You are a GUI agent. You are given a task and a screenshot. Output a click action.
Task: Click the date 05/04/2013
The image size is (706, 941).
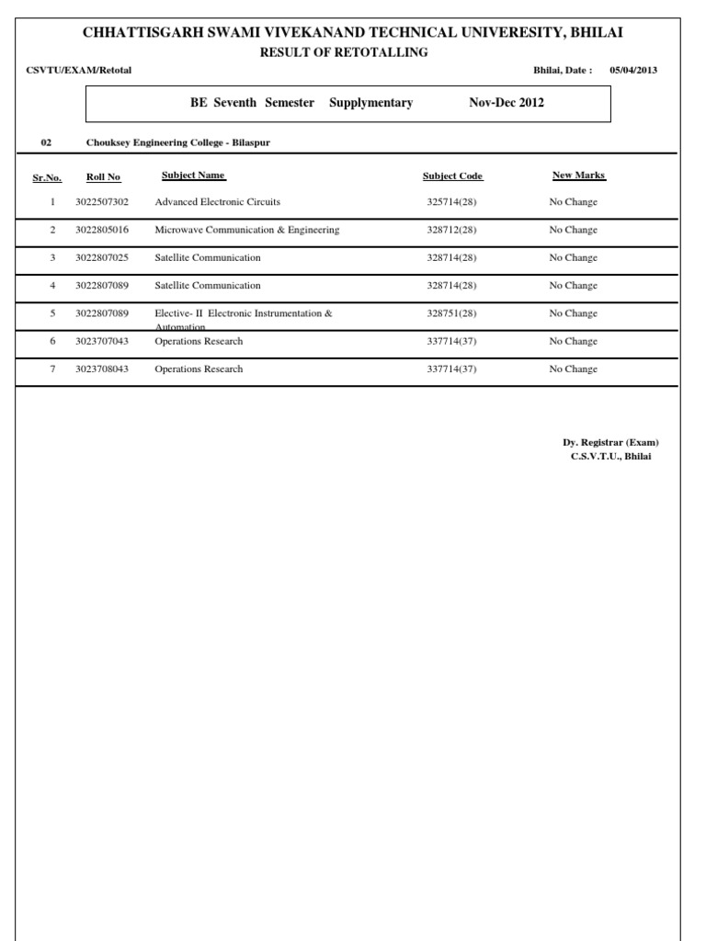[x=633, y=71]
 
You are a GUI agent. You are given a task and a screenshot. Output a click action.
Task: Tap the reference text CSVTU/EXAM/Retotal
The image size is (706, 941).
[x=79, y=71]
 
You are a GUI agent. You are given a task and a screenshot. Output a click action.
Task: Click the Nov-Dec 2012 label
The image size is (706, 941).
[x=506, y=103]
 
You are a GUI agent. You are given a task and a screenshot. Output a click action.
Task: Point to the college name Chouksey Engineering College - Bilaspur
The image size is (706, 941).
[x=178, y=142]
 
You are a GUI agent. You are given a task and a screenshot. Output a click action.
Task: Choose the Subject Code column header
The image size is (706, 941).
[x=452, y=176]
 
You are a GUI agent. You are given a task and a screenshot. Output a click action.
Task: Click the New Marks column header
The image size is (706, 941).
[x=579, y=175]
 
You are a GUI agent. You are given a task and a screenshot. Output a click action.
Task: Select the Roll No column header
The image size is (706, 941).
[x=103, y=176]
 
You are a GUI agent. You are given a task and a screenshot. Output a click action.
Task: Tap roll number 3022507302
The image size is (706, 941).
[x=102, y=202]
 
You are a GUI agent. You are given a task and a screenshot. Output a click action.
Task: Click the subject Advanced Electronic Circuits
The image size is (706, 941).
[x=218, y=202]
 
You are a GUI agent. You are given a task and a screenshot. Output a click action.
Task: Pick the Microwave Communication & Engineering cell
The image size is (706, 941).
[x=247, y=230]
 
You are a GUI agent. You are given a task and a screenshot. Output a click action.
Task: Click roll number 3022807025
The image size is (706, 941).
[x=102, y=258]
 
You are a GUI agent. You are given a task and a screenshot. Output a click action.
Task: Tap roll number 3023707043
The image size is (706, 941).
[x=102, y=342]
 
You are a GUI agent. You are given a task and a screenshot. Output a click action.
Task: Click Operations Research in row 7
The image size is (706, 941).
[x=199, y=369]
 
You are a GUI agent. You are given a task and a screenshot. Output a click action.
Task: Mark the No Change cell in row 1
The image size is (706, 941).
[x=573, y=202]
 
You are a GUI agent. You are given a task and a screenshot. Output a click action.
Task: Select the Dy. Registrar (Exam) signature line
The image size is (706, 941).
[x=610, y=442]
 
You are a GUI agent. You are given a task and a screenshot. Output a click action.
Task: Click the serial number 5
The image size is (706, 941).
[x=52, y=313]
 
